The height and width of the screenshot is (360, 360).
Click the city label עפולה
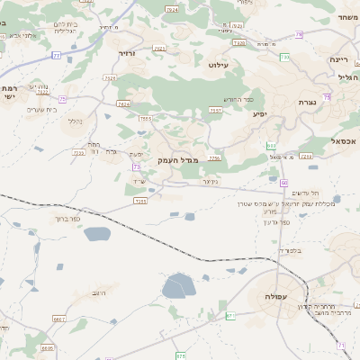click(275, 296)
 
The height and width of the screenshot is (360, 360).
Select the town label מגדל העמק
click(179, 159)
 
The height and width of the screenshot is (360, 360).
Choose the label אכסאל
click(345, 140)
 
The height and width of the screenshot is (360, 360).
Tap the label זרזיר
click(126, 54)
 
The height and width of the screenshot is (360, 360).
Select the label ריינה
click(338, 58)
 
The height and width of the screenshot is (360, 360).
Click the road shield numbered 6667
click(59, 319)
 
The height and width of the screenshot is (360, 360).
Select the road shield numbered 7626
click(123, 104)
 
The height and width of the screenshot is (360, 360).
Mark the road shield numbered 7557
click(216, 110)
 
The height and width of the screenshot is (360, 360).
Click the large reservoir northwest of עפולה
click(176, 287)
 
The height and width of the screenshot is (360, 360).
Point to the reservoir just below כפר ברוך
click(96, 234)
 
